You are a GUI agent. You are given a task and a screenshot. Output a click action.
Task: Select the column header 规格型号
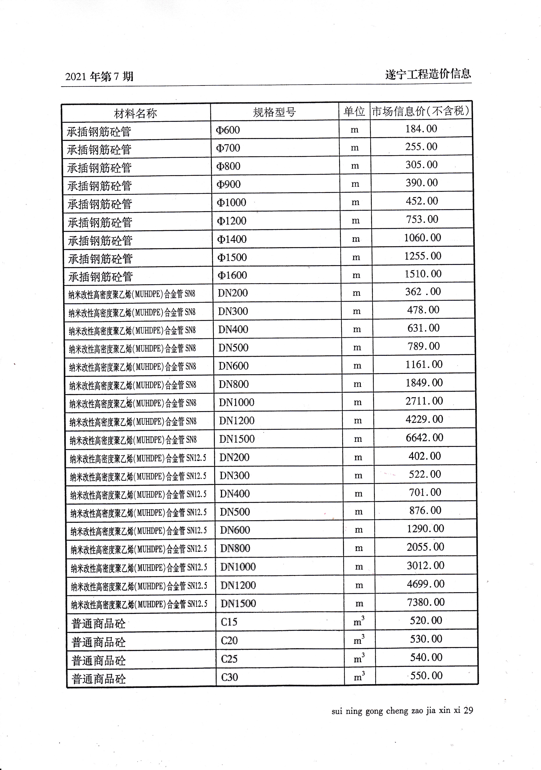coord(274,112)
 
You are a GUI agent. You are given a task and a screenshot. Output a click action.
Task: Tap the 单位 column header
coord(354,111)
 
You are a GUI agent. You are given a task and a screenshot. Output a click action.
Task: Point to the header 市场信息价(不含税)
coord(421,111)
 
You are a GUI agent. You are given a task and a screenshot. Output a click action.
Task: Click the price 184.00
coord(421,129)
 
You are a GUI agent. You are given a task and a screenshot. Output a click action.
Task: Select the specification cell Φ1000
coord(231,203)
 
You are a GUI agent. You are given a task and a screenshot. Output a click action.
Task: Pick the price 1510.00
coord(423,274)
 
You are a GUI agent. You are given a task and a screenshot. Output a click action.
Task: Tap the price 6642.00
coord(424,438)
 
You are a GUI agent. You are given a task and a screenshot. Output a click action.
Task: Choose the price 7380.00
coord(426,602)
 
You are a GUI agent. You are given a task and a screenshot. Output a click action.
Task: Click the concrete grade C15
coord(229,622)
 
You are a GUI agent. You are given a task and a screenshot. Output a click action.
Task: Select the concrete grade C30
coord(230,677)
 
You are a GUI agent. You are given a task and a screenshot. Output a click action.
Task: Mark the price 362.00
coord(423,292)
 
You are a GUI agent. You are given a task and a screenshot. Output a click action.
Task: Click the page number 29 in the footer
coord(468,710)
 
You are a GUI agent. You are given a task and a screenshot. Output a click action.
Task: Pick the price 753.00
coord(422,219)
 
